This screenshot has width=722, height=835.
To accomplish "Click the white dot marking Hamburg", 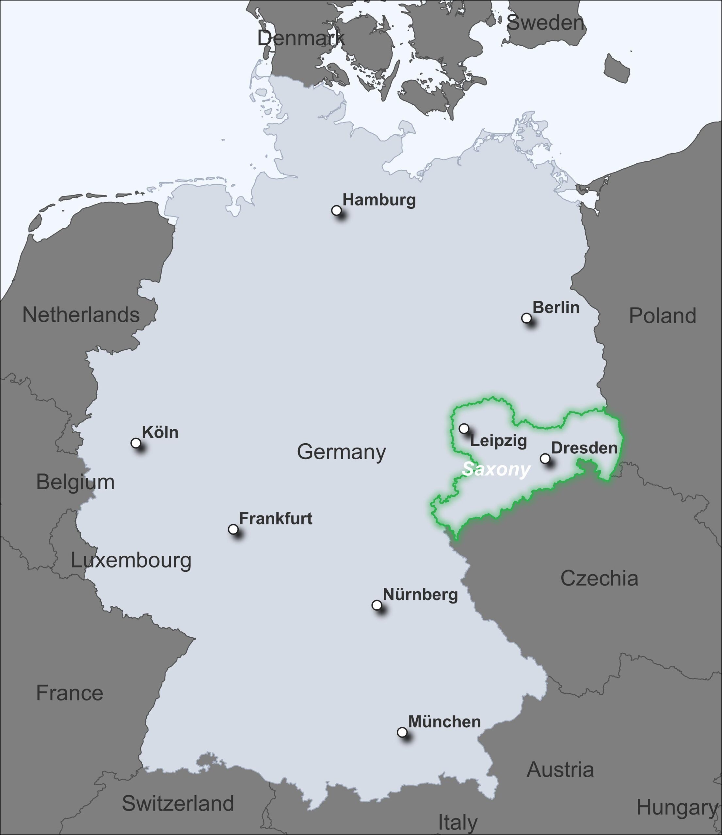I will [336, 210].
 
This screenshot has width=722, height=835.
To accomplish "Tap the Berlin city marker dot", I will [526, 318].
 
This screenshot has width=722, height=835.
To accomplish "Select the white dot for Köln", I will [136, 443].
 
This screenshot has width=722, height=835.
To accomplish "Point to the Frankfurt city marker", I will [233, 529].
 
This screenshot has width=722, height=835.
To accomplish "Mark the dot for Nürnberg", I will [376, 605].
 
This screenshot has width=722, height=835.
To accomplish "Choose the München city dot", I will [402, 732].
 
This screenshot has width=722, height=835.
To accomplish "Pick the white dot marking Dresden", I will [545, 458].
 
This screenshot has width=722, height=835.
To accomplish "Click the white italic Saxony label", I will [496, 469].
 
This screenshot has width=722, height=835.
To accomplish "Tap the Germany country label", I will [341, 452].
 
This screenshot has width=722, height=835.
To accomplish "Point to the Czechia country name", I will [599, 578].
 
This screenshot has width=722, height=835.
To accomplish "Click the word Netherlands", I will [81, 315].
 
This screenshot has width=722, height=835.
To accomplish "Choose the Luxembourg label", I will [131, 560].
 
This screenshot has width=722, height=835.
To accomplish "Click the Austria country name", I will [560, 770].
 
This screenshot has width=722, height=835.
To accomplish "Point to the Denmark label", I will [300, 38].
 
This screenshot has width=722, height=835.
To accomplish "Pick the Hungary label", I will [677, 808].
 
